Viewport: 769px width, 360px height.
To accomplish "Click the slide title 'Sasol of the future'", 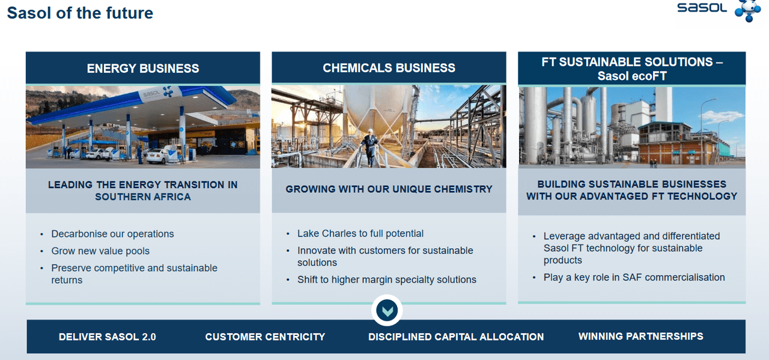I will [80, 13].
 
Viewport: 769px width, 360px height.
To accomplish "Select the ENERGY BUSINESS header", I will [143, 68].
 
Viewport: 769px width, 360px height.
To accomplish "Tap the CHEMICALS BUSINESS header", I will [389, 68].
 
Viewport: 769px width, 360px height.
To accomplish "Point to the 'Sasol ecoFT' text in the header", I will [631, 76].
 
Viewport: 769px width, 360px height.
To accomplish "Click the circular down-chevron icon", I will [387, 311].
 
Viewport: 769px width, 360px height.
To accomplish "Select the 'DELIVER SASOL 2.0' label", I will [107, 337].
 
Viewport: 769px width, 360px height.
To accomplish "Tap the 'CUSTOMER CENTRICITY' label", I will [265, 337].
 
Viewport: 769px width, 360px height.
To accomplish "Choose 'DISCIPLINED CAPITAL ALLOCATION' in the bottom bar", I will [456, 337].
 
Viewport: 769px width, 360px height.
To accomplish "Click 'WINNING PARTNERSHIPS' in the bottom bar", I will [640, 336].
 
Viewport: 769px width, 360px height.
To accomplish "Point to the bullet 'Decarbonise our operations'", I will [112, 234].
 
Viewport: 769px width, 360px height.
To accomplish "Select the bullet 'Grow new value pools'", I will [100, 251].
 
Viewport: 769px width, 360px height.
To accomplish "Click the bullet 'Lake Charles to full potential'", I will [360, 233].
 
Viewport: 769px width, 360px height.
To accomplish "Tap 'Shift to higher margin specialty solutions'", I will [386, 279].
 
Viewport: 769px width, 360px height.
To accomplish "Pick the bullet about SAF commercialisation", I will [634, 277].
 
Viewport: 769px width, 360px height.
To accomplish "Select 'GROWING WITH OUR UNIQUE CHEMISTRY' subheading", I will [389, 189].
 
